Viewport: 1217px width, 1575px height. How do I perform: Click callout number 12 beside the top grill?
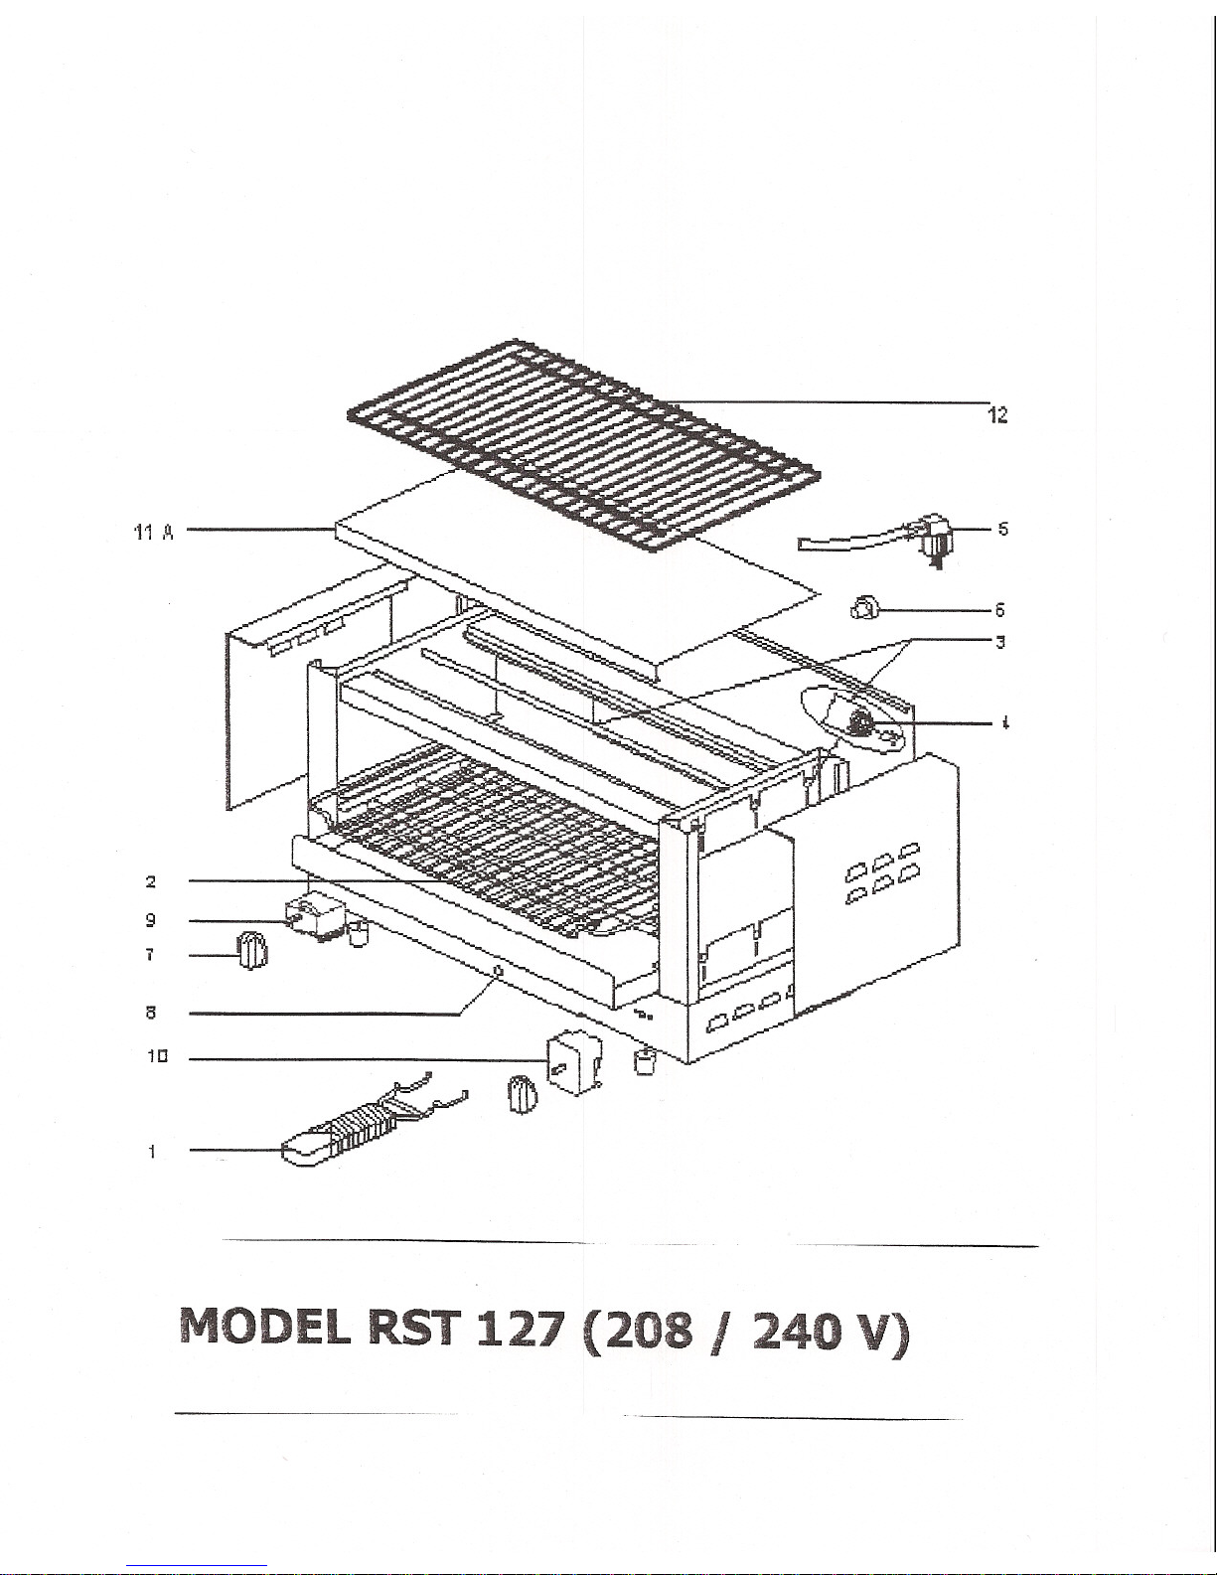click(997, 414)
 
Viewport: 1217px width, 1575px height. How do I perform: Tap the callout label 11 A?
click(154, 533)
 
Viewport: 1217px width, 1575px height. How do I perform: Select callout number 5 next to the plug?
click(1002, 529)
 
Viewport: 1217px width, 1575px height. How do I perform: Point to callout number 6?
click(999, 609)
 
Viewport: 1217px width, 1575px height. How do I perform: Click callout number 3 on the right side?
click(999, 642)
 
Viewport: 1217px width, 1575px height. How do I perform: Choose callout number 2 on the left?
click(151, 881)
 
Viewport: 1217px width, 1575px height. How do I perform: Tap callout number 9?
click(151, 920)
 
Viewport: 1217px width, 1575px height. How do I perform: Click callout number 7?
click(150, 955)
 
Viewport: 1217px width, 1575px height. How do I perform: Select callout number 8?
click(151, 1012)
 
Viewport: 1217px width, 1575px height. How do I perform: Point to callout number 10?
click(157, 1056)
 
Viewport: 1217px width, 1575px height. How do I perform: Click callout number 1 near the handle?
click(151, 1151)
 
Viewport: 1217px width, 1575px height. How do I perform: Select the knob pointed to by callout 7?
click(251, 951)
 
